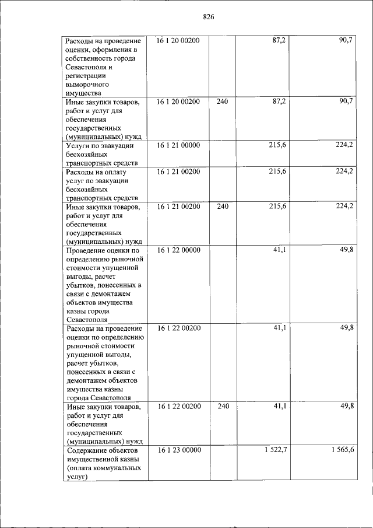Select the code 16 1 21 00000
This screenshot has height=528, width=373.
coord(178,145)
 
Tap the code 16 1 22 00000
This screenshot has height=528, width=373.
coord(178,250)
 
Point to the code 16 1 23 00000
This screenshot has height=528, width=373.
coord(178,450)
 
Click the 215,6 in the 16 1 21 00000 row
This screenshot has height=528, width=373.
coord(276,145)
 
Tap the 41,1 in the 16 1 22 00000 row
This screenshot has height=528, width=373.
coord(279,250)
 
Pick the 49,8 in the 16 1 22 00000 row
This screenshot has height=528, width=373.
coord(347,250)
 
